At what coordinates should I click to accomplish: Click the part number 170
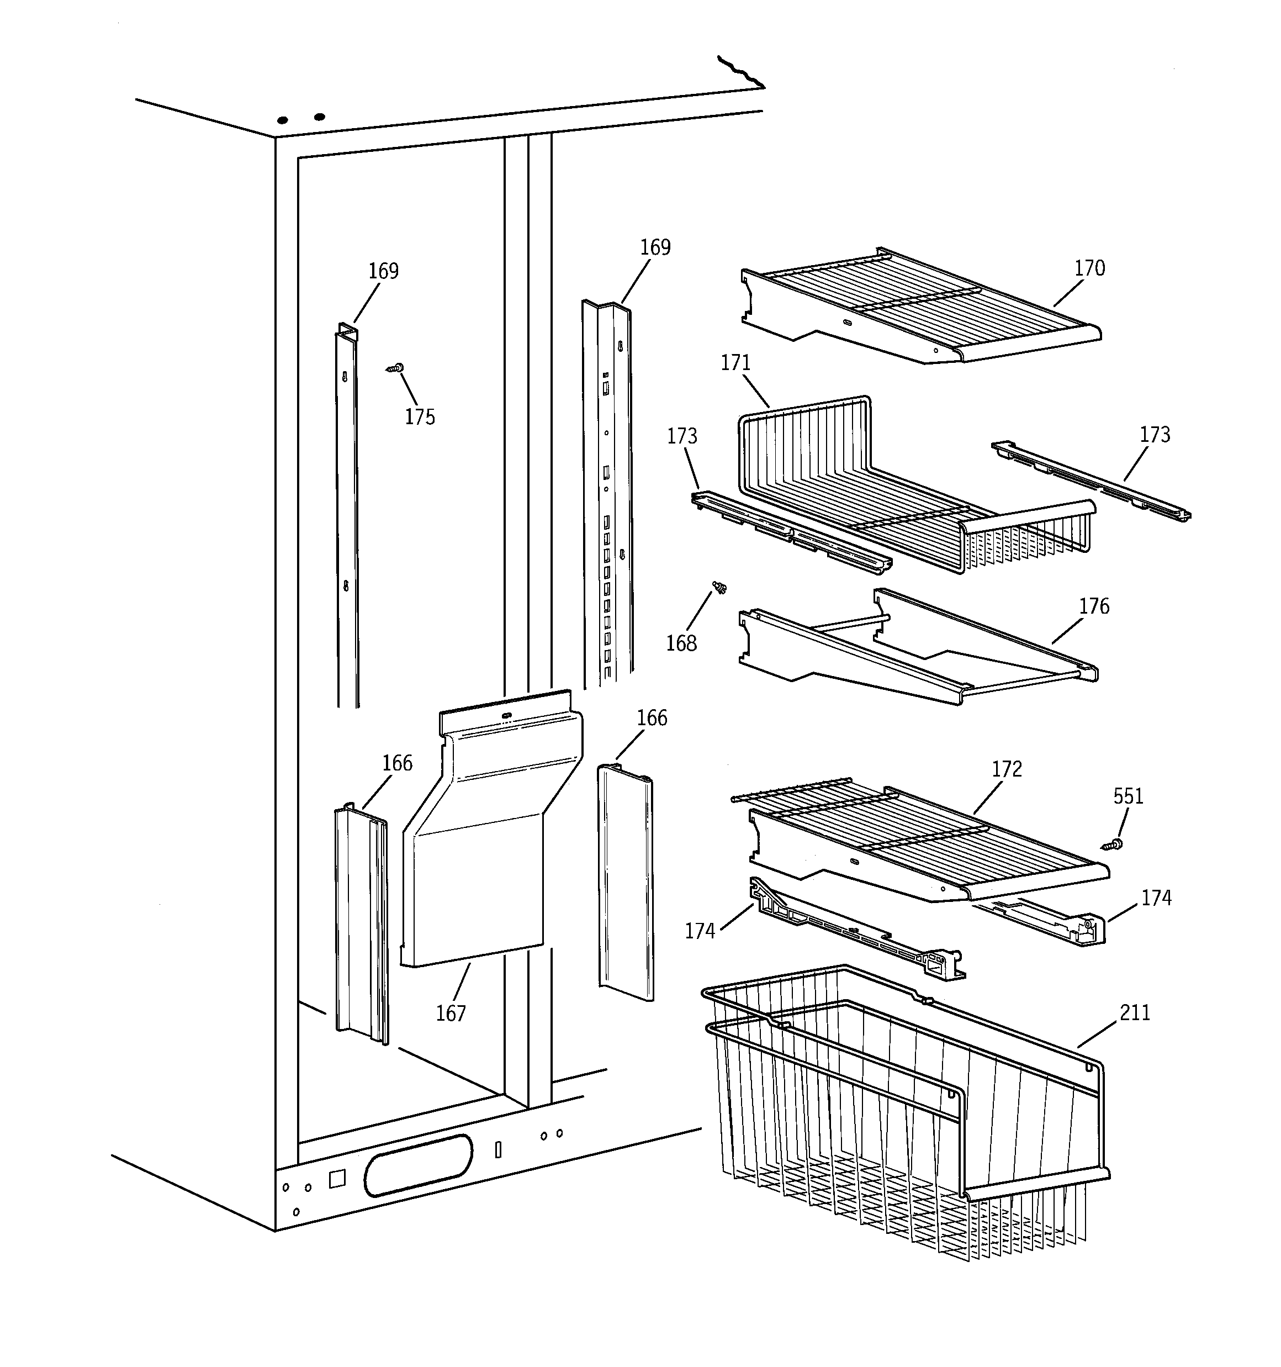(1090, 268)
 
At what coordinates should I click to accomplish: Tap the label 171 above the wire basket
(735, 362)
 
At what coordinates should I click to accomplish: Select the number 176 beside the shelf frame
(1094, 606)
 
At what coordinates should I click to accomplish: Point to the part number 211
(1135, 1012)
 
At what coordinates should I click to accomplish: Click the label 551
(1128, 796)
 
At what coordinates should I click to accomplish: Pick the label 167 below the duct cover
(451, 1013)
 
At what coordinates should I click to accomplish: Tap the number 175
(420, 416)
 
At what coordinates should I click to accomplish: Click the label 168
(681, 643)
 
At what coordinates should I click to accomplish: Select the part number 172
(1007, 769)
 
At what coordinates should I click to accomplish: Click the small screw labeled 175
(395, 368)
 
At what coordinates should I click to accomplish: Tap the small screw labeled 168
(720, 587)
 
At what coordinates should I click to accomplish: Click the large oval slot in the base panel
(418, 1165)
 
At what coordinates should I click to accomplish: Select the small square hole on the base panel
(337, 1179)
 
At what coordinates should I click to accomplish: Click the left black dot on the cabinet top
(283, 120)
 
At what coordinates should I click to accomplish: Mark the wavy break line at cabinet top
(741, 73)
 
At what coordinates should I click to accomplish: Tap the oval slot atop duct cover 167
(507, 716)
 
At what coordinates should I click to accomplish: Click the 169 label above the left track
(383, 271)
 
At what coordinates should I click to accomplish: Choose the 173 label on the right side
(1155, 434)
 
